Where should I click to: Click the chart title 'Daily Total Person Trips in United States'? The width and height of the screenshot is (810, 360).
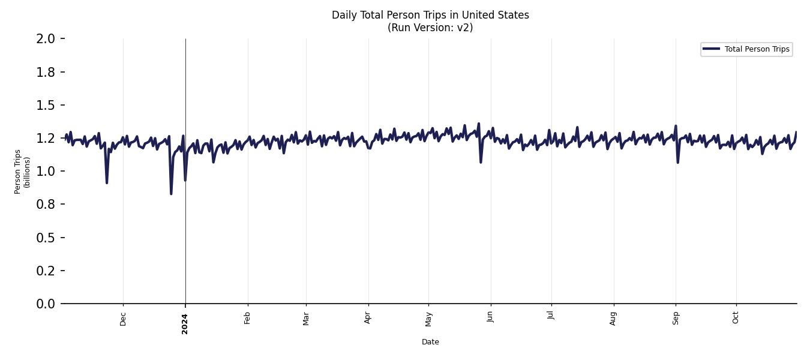430,15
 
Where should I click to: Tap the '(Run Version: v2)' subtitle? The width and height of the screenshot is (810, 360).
430,28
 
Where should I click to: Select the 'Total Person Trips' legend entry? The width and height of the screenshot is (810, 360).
757,49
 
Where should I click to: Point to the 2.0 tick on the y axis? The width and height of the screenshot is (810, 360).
46,39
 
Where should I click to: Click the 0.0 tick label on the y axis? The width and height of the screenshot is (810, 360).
46,304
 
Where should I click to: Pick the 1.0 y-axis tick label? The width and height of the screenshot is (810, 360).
46,172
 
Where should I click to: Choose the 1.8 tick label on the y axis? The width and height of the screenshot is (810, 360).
46,72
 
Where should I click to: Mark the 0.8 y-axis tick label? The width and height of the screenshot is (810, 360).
46,205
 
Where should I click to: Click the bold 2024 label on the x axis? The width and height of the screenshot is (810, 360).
185,323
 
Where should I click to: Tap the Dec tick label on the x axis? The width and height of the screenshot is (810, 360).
123,319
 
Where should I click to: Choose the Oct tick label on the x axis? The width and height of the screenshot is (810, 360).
736,318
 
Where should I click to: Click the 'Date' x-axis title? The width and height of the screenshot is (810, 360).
430,342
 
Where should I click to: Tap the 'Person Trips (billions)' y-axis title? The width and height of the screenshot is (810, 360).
22,172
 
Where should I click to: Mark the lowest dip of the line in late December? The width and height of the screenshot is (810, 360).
171,193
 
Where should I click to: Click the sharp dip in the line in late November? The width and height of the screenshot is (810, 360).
107,182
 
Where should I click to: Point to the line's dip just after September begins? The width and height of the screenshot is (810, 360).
678,162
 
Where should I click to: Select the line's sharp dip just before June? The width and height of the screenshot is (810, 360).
481,162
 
